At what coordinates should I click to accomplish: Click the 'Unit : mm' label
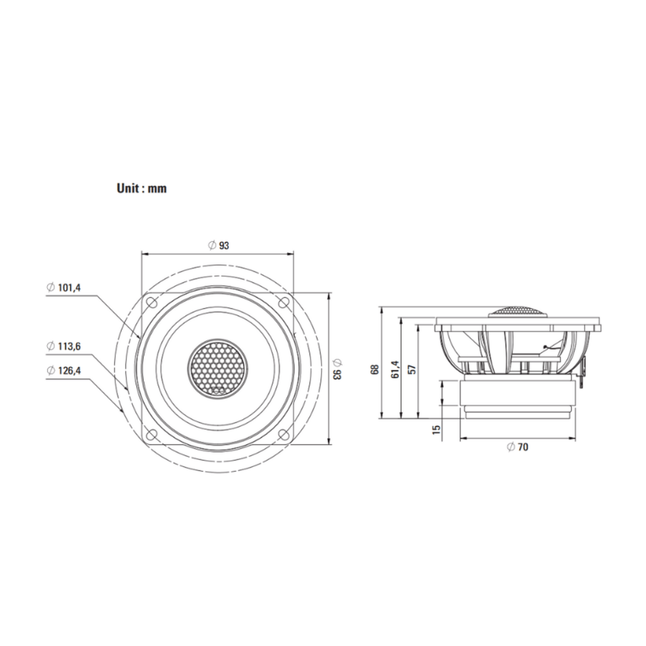point(142,188)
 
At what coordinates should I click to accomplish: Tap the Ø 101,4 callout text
point(64,288)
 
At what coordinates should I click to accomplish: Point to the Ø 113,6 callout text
point(64,346)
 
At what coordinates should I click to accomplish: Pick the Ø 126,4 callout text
point(64,370)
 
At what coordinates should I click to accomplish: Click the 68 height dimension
point(375,369)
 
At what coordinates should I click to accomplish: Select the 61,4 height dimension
point(395,369)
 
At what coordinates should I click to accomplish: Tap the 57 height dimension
point(413,369)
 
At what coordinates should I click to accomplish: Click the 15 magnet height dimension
point(436,430)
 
